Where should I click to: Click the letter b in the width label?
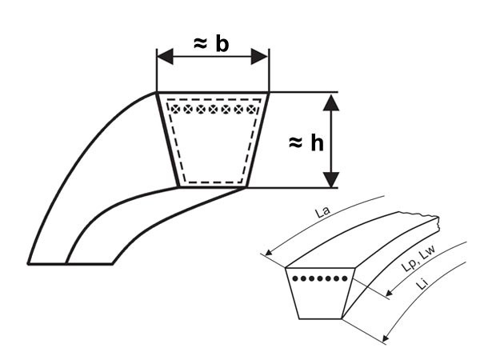point(222,45)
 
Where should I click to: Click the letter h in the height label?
point(317,143)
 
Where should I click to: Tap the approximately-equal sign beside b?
point(201,44)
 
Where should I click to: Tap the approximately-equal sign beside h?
point(296,143)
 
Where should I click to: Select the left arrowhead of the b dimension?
point(165,57)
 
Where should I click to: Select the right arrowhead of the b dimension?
point(259,57)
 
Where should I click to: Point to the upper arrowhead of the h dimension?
point(331,103)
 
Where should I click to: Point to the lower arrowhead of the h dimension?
point(331,180)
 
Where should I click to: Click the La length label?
point(323,212)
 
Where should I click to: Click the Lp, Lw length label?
point(418,258)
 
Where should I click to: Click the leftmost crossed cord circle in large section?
point(175,109)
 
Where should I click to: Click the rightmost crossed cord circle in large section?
point(251,109)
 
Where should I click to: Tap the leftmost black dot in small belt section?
point(295,278)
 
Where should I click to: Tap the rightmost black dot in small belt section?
point(345,278)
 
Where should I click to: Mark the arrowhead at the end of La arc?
point(269,252)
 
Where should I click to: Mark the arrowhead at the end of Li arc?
point(386,338)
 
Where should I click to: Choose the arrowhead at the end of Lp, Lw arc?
point(389,293)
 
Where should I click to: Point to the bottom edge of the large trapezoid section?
point(213,186)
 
